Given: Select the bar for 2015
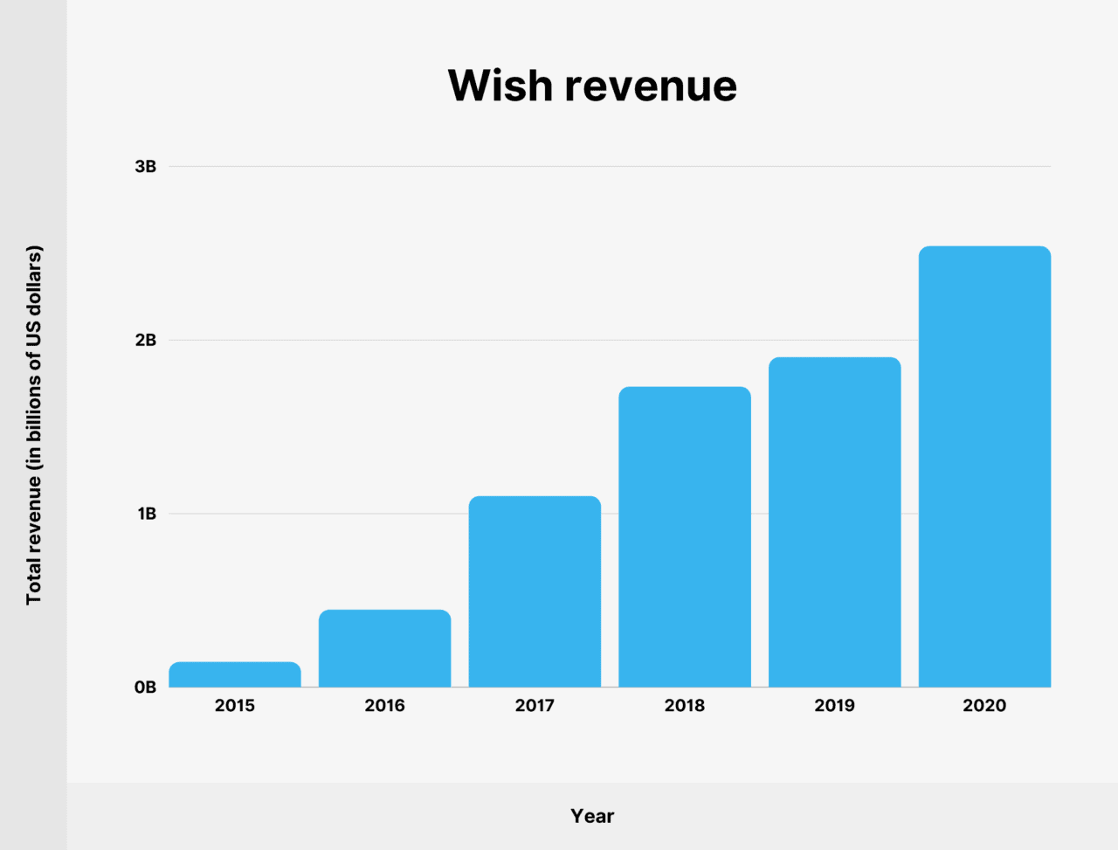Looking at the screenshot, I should tap(235, 674).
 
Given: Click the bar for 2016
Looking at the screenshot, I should tap(384, 648).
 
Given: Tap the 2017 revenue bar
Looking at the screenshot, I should tap(535, 591).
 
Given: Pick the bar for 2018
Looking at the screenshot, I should tap(685, 536).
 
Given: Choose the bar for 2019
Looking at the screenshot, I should tap(834, 522).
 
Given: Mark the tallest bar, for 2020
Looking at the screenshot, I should tap(984, 466).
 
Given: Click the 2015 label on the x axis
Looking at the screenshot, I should tap(235, 706).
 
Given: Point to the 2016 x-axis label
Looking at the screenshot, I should tap(384, 706).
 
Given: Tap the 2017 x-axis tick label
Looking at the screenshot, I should tap(535, 706).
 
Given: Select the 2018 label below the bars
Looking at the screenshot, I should tap(685, 706).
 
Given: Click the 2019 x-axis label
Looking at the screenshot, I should tap(834, 706).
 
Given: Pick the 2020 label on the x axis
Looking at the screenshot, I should tap(984, 706).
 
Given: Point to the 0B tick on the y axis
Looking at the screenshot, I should tap(145, 688).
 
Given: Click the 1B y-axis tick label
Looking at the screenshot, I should tap(146, 514).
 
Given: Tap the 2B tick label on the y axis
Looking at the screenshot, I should tap(145, 340).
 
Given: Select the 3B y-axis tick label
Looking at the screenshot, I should tap(145, 166).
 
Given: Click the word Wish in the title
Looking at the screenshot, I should tap(500, 86).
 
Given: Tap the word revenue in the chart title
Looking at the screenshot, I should tap(651, 86).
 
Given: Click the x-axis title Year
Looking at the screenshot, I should tap(592, 816).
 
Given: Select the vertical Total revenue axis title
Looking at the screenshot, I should tap(33, 425).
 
